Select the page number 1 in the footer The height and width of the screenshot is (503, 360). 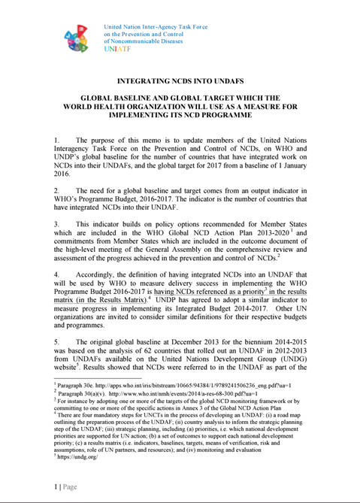point(56,486)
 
